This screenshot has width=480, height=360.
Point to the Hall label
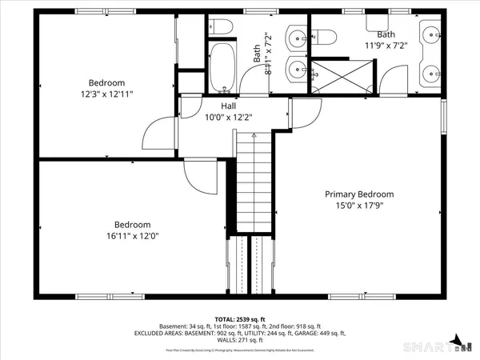coord(228,105)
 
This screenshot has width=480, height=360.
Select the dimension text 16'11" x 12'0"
coord(132,237)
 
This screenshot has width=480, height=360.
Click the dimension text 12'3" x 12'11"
coord(106,94)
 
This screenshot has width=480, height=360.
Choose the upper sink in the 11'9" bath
coord(432,35)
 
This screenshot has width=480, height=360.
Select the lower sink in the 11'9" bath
coord(432,72)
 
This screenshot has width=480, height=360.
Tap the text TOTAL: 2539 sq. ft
coord(240,318)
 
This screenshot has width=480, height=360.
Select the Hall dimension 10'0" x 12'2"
coord(228,117)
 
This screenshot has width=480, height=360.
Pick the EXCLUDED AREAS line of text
coord(240,334)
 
